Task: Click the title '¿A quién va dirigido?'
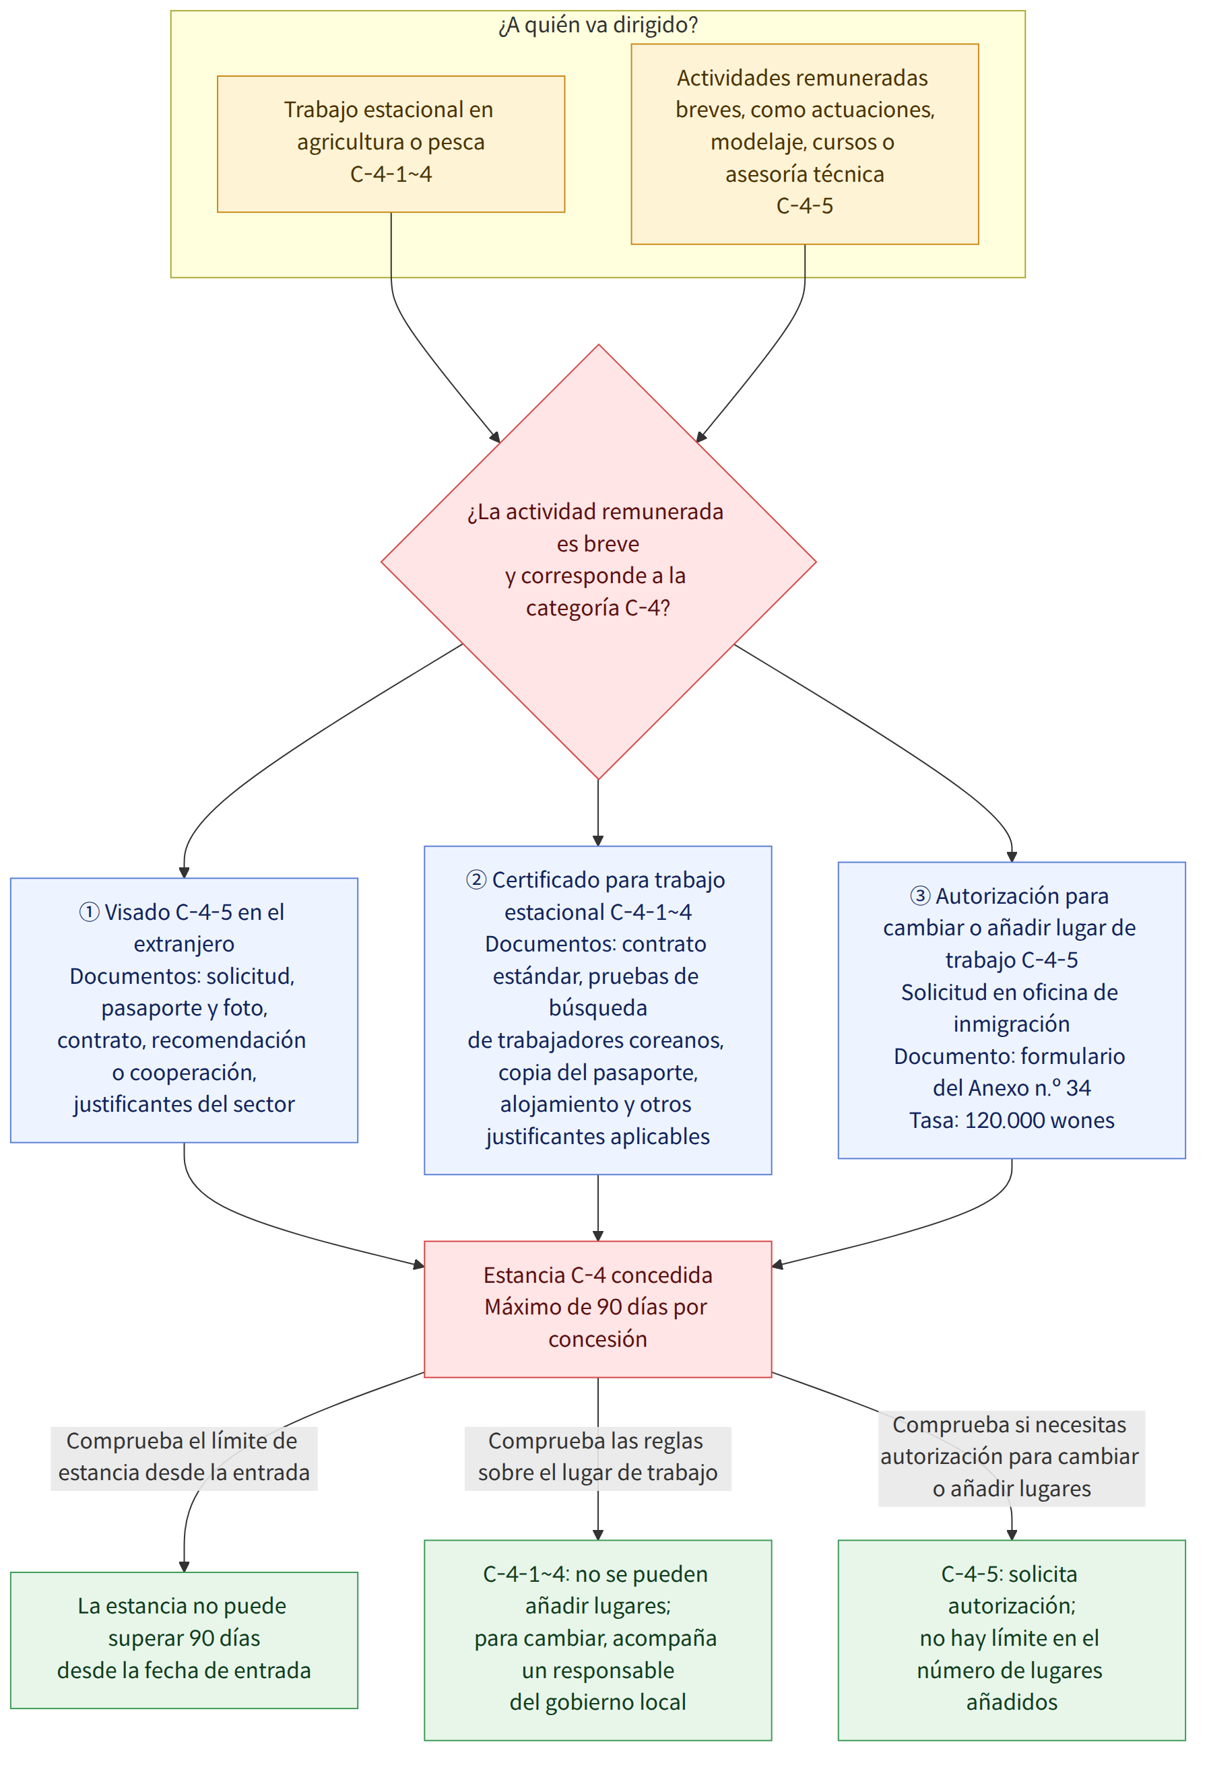(598, 25)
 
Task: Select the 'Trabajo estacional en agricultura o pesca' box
(391, 143)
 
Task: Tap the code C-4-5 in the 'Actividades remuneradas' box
(805, 206)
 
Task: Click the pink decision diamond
(599, 562)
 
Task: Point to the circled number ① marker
(89, 912)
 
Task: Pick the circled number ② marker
(476, 879)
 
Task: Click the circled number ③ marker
(920, 896)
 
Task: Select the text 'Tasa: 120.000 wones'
(1012, 1120)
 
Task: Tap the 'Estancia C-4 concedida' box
(598, 1309)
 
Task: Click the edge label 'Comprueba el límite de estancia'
(184, 1456)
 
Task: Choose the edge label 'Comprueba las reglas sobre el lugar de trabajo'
(598, 1456)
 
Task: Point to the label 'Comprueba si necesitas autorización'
(1012, 1456)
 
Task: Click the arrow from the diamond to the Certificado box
(598, 813)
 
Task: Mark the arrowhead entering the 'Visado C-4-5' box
(184, 873)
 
